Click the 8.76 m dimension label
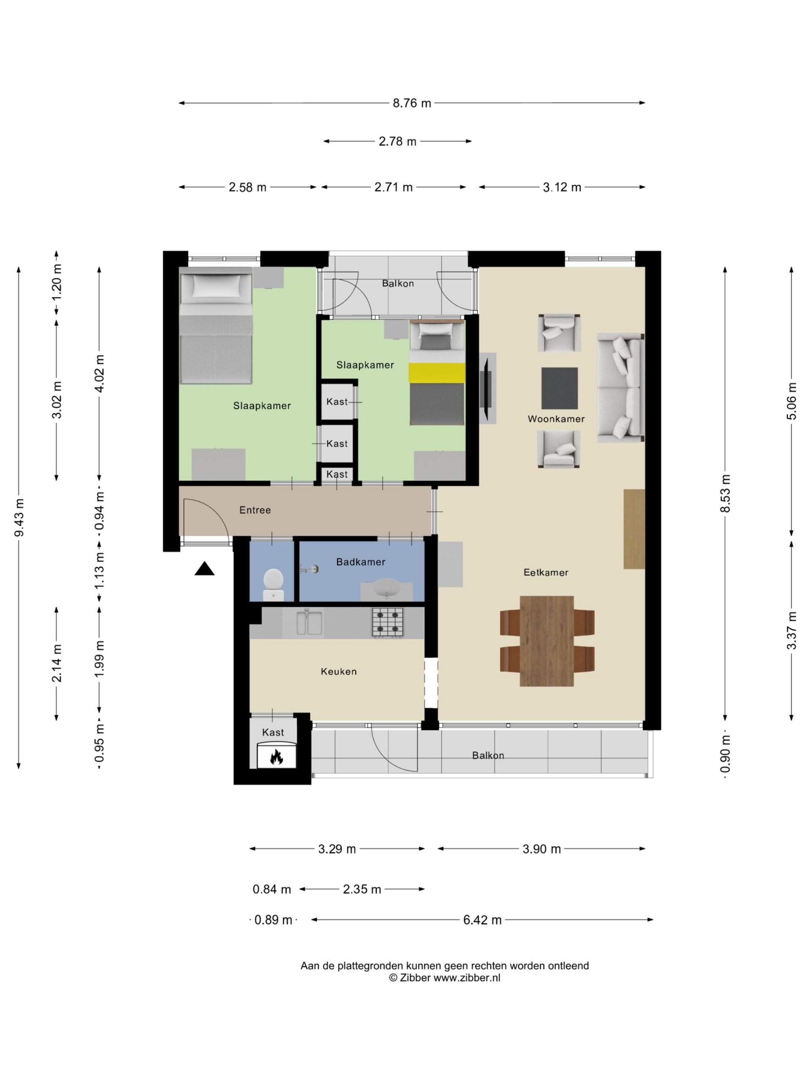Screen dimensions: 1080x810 412,103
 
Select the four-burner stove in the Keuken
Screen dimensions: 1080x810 388,622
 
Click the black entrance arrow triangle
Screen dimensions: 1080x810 204,569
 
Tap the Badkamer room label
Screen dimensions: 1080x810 360,562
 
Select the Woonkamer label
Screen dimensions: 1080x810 556,419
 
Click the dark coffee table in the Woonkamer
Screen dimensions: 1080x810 559,388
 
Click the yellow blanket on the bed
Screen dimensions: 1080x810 437,373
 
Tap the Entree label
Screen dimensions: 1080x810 255,510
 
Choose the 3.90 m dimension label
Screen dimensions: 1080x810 541,849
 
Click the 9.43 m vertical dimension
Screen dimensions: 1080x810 19,518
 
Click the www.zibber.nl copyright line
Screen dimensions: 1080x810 444,978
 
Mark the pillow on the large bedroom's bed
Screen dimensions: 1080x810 216,286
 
